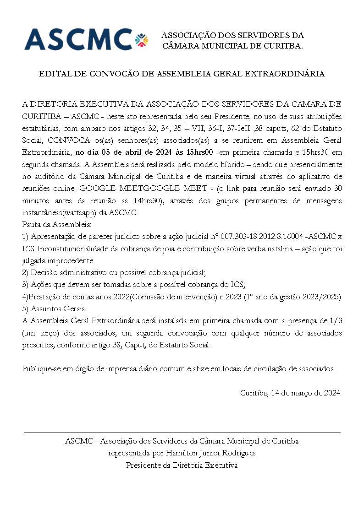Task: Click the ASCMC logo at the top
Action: [x=78, y=39]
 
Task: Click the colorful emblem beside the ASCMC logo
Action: [x=142, y=40]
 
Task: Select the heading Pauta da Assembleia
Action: [x=57, y=224]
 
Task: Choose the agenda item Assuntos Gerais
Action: [x=58, y=309]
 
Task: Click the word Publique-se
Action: [x=41, y=369]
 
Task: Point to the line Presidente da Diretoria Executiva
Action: [x=182, y=465]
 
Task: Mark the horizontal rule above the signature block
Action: [x=182, y=432]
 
